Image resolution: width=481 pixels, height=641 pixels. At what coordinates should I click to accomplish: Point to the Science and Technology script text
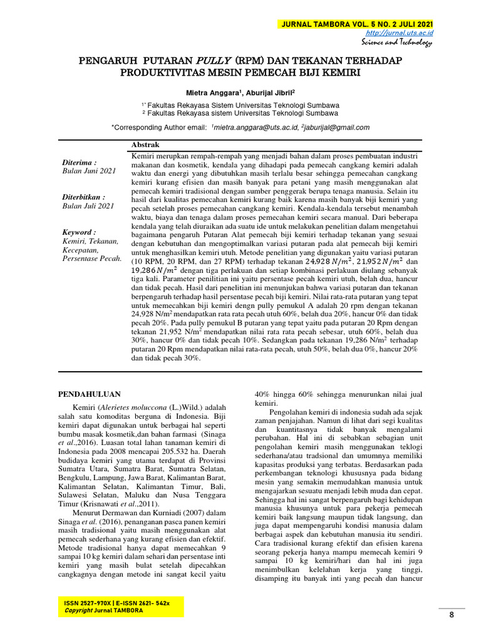coord(396,43)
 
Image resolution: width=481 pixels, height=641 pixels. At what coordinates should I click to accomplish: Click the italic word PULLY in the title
coord(214,61)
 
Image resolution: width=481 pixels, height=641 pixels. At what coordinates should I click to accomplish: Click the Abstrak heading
coord(145,145)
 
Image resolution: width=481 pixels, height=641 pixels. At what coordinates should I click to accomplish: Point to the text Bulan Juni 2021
coord(90,170)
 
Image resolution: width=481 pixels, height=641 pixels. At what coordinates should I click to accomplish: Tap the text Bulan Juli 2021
coord(88,205)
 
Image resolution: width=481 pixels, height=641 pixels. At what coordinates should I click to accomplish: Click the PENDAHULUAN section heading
coord(90,394)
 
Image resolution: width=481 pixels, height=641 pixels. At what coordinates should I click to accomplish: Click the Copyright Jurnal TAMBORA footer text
coord(104,610)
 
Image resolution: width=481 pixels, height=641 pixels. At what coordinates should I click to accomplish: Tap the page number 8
coord(451,615)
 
